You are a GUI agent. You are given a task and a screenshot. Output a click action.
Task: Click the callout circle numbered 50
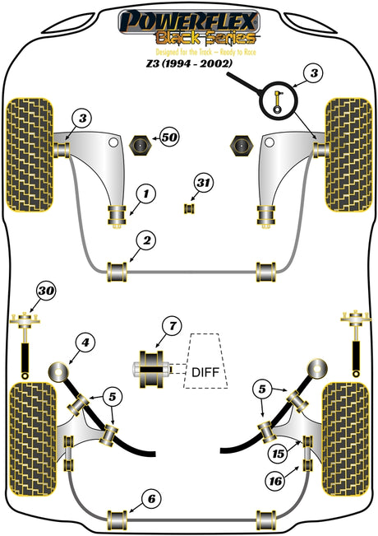169,137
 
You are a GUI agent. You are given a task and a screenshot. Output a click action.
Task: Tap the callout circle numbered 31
203,183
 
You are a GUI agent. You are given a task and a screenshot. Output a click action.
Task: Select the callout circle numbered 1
146,194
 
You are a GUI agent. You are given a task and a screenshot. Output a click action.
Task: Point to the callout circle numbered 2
147,240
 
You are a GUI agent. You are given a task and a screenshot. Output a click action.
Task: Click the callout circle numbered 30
46,291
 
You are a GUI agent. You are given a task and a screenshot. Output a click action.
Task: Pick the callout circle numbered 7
173,326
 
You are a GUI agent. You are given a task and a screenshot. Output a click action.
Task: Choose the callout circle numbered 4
85,343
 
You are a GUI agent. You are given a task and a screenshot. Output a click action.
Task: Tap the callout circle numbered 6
151,499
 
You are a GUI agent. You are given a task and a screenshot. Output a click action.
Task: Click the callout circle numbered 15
278,454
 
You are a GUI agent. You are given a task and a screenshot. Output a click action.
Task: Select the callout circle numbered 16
275,482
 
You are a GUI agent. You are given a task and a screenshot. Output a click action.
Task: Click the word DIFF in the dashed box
205,372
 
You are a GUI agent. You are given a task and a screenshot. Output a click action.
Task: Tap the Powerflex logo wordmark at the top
189,21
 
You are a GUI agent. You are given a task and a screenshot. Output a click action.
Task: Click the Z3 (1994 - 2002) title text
189,63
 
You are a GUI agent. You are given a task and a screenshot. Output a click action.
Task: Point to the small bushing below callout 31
189,209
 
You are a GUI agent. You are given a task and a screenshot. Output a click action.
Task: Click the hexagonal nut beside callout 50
139,145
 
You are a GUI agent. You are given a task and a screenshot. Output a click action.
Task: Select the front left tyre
30,155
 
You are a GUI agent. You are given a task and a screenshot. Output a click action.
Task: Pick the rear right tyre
345,440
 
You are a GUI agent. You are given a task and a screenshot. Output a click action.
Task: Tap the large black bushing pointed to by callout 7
151,370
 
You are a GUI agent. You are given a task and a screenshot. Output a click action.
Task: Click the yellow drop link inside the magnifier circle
278,101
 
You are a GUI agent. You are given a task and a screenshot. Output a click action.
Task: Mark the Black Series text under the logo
205,38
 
